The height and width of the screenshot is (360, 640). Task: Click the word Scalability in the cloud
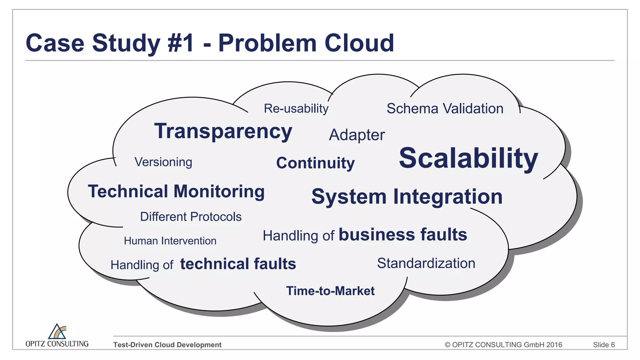pyautogui.click(x=468, y=158)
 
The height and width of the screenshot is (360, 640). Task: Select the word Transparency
pyautogui.click(x=223, y=131)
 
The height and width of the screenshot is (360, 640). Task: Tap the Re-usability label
pyautogui.click(x=296, y=108)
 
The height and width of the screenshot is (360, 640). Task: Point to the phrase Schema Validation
pyautogui.click(x=445, y=108)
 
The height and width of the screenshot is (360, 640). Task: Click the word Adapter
pyautogui.click(x=357, y=135)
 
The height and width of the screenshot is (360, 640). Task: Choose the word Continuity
pyautogui.click(x=315, y=163)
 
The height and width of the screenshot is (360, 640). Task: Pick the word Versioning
pyautogui.click(x=163, y=162)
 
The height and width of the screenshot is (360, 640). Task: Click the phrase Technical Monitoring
pyautogui.click(x=176, y=191)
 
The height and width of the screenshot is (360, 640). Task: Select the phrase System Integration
pyautogui.click(x=407, y=197)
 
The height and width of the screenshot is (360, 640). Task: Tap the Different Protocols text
pyautogui.click(x=191, y=217)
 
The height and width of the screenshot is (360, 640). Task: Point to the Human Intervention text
pyautogui.click(x=170, y=241)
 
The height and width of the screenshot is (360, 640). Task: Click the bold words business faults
pyautogui.click(x=403, y=235)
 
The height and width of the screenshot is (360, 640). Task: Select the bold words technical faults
pyautogui.click(x=238, y=264)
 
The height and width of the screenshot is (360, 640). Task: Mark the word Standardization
pyautogui.click(x=426, y=263)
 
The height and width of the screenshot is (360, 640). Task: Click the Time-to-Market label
pyautogui.click(x=330, y=291)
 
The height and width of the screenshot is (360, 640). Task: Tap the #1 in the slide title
pyautogui.click(x=181, y=43)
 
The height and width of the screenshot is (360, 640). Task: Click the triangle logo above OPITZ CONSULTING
pyautogui.click(x=57, y=332)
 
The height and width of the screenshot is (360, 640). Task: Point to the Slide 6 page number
pyautogui.click(x=604, y=345)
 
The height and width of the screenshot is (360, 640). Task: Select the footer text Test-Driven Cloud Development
pyautogui.click(x=167, y=345)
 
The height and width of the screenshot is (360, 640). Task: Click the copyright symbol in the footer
pyautogui.click(x=447, y=345)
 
